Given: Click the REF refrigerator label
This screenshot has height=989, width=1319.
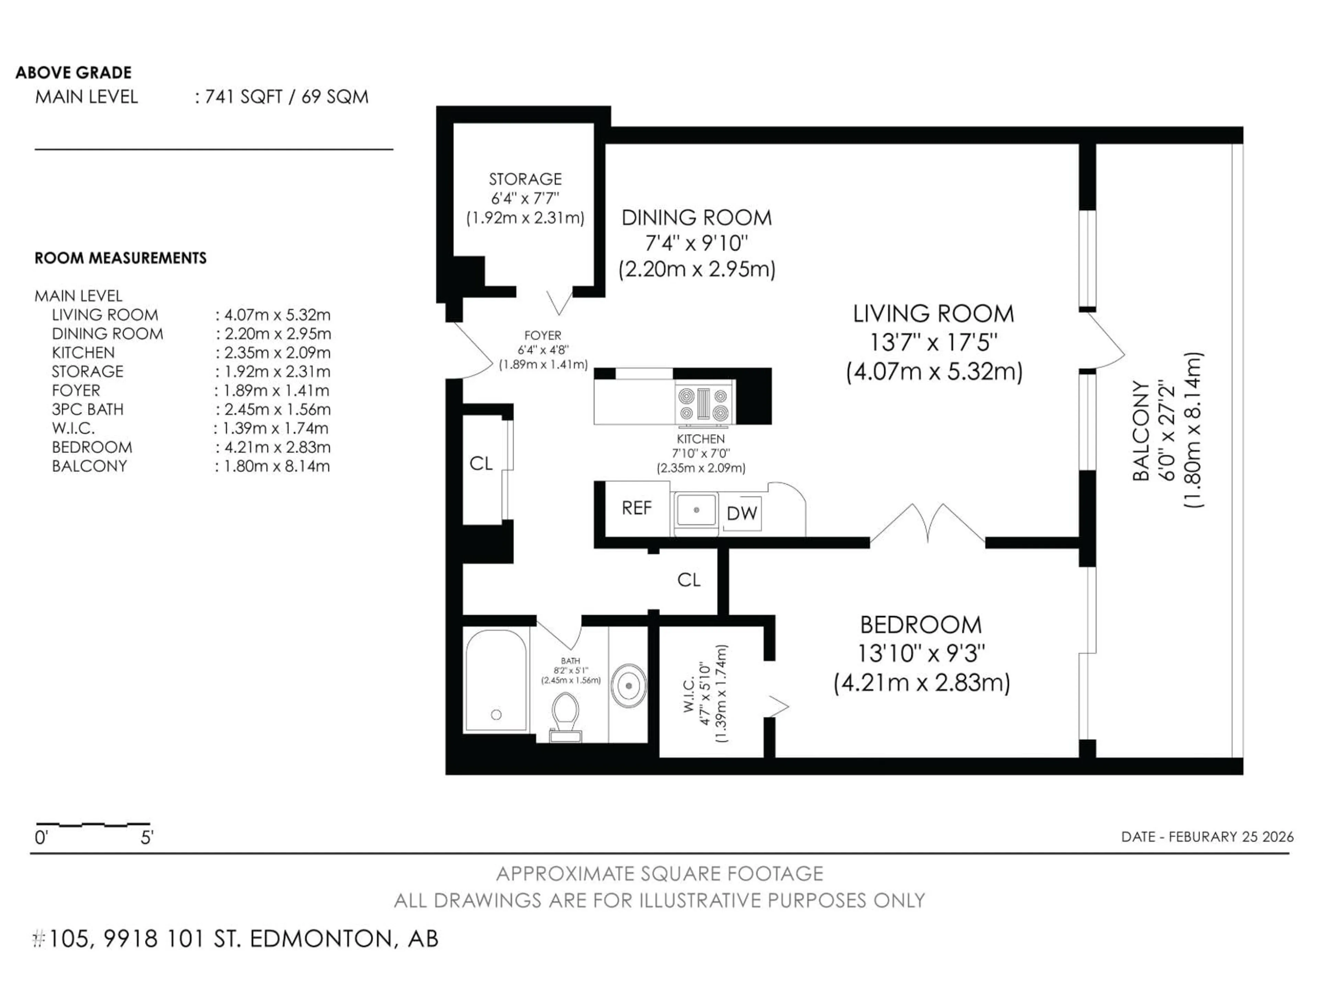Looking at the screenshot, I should [636, 508].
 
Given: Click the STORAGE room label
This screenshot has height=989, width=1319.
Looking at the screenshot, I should [525, 179].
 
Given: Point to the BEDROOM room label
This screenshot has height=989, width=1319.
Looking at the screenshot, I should [921, 625].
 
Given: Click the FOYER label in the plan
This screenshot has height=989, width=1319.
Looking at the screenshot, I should [543, 336].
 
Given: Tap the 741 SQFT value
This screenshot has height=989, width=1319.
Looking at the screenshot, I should [243, 96].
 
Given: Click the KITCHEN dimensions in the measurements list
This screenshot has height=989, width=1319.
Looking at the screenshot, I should [273, 352].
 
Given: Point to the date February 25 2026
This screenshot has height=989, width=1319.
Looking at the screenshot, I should [1207, 837].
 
